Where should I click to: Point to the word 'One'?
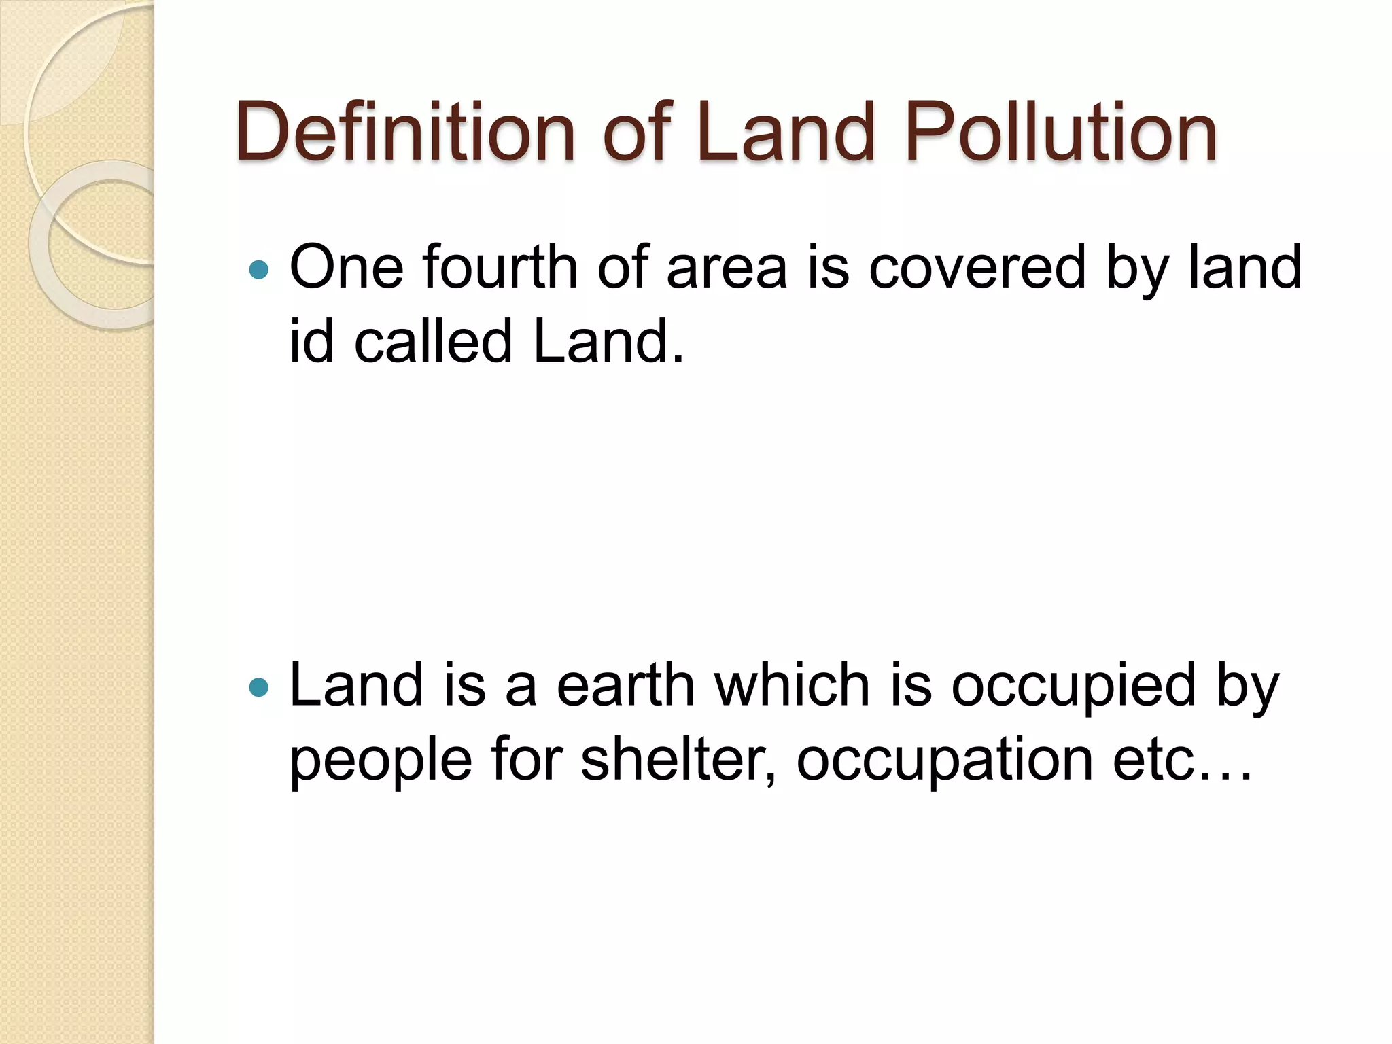(x=346, y=268)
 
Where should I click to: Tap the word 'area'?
(x=727, y=268)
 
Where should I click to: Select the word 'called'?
(x=433, y=342)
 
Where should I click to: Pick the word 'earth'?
(x=625, y=685)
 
